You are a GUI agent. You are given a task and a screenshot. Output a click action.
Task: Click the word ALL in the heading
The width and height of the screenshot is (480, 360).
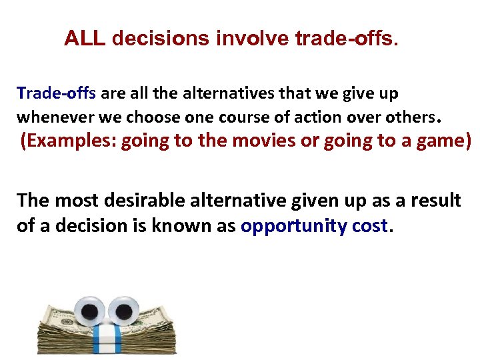click(85, 39)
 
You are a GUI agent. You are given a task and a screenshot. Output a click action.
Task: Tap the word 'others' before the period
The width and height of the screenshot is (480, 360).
click(409, 117)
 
